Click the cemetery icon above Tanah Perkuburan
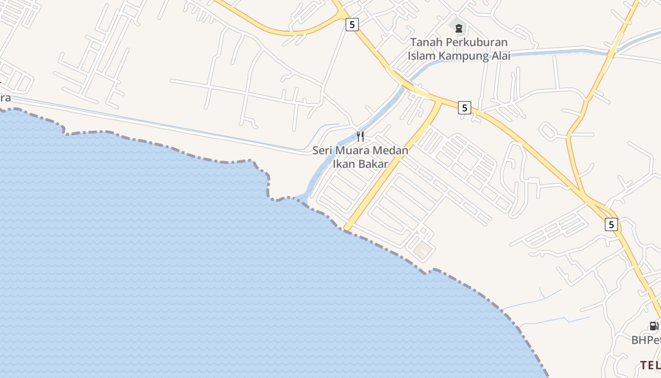(458, 28)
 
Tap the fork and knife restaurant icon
(360, 137)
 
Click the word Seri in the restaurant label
(322, 151)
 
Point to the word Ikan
(344, 164)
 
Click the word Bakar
(373, 164)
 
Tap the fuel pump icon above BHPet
(653, 326)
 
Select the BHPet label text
(646, 340)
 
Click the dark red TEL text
(650, 364)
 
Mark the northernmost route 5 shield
(352, 24)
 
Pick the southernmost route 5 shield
(611, 224)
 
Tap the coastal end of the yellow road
(347, 228)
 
